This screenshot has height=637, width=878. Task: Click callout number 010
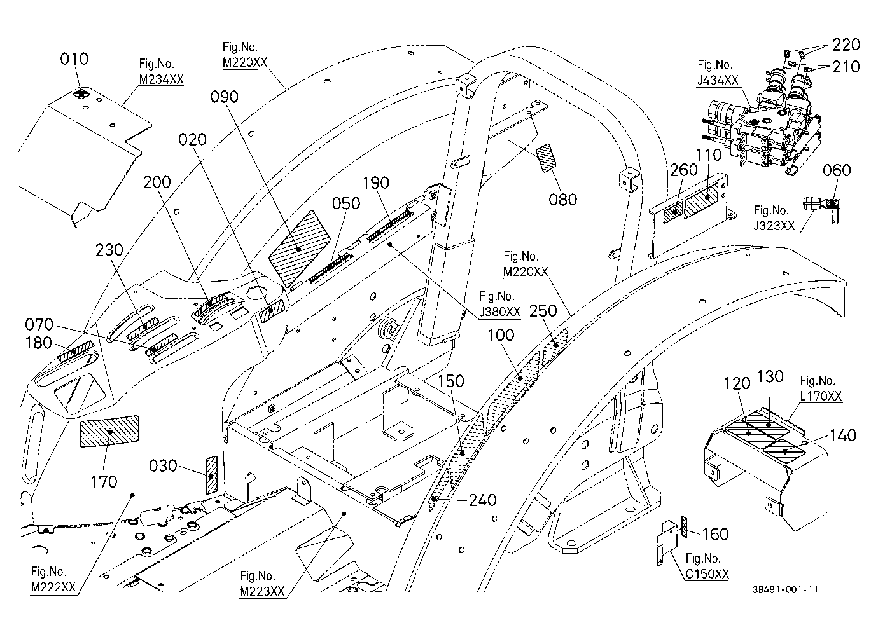click(74, 59)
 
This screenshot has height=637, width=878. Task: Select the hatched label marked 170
click(109, 431)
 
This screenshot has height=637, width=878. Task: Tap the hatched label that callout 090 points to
click(299, 249)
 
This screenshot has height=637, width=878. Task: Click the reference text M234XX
click(161, 79)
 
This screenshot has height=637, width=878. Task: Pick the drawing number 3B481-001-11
click(785, 589)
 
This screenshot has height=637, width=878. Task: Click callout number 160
click(715, 534)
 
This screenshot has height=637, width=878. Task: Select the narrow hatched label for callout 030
click(211, 475)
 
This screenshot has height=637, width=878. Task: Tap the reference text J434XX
click(718, 80)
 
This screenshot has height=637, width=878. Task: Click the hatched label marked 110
click(701, 202)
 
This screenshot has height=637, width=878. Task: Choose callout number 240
click(482, 500)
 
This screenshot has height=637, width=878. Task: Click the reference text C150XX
click(707, 574)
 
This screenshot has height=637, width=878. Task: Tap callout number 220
click(846, 45)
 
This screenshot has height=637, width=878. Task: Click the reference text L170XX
click(821, 396)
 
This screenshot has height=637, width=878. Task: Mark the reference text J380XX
click(499, 312)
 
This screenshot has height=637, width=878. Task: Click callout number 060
click(837, 170)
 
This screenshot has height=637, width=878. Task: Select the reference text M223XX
click(262, 592)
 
